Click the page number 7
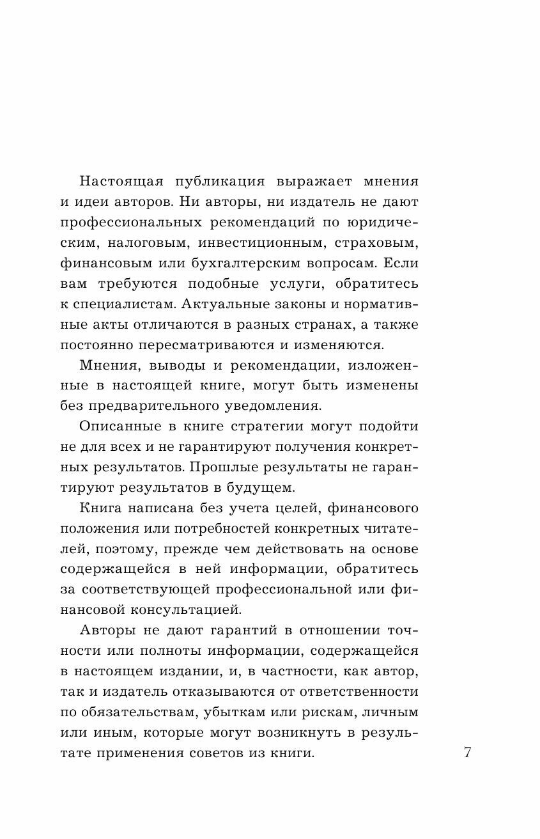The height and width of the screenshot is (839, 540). pos(467,752)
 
